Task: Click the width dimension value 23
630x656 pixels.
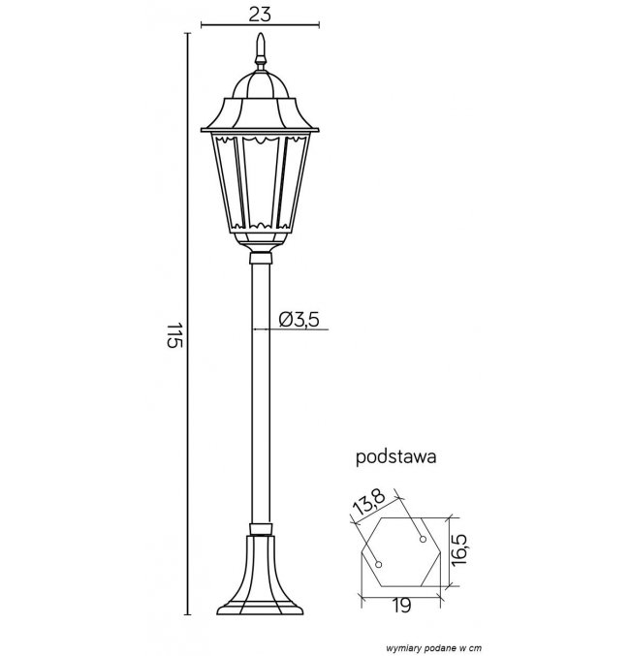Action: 260,14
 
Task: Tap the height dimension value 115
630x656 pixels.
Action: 175,335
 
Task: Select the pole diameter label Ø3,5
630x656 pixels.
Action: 299,319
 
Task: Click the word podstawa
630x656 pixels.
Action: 395,456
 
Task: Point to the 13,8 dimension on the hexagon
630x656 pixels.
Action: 368,503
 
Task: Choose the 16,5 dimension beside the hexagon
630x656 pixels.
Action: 459,550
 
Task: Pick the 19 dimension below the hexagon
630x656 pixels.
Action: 401,605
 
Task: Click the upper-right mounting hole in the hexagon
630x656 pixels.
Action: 423,540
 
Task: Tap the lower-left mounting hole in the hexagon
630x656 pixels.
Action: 378,565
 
